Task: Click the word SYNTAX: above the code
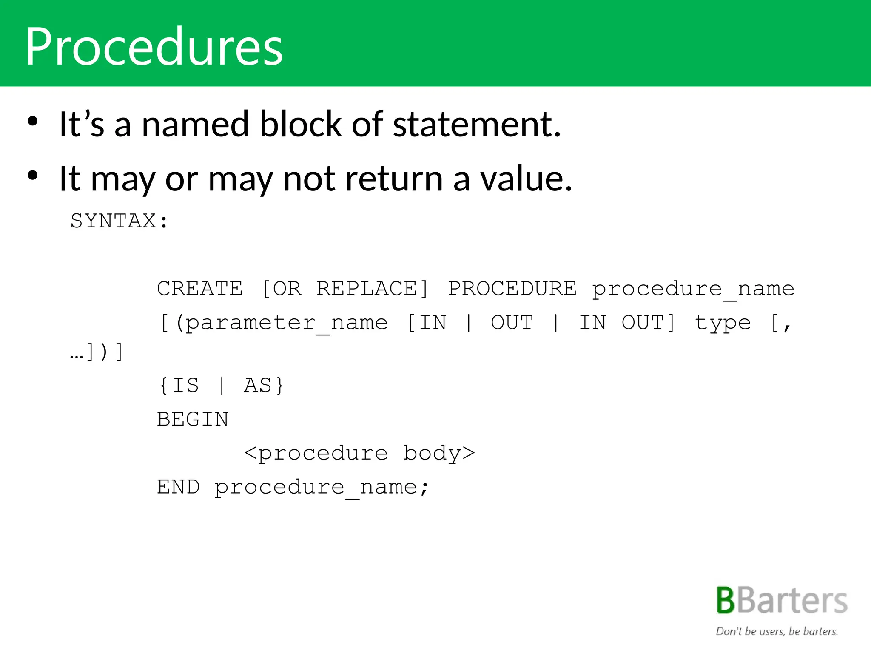(x=120, y=221)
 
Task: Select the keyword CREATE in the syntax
(x=200, y=289)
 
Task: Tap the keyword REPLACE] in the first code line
(x=373, y=289)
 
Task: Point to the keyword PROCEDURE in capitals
(x=512, y=289)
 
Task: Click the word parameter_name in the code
(x=287, y=323)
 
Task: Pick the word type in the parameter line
(x=723, y=323)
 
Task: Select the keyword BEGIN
(x=193, y=420)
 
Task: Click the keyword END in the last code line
(x=178, y=487)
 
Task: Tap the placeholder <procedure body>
(x=359, y=453)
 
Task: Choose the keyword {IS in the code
(x=179, y=386)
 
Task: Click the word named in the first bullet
(x=195, y=124)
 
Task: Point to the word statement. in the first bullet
(x=477, y=124)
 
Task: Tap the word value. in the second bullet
(x=527, y=179)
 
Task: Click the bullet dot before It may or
(x=33, y=175)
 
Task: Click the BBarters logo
(x=782, y=600)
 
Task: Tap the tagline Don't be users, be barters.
(x=777, y=631)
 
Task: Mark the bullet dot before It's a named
(x=33, y=121)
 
